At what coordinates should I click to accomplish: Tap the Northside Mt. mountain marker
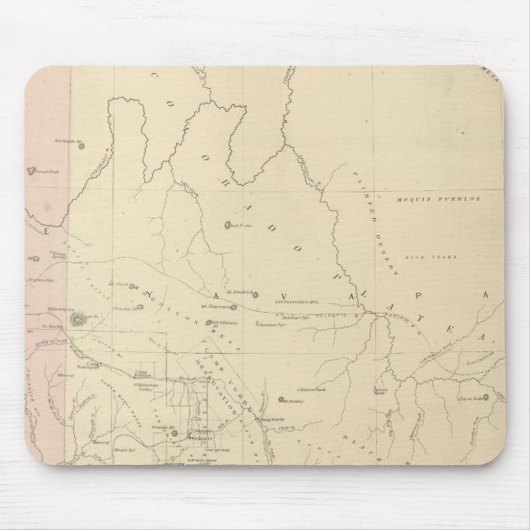pyautogui.click(x=83, y=146)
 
